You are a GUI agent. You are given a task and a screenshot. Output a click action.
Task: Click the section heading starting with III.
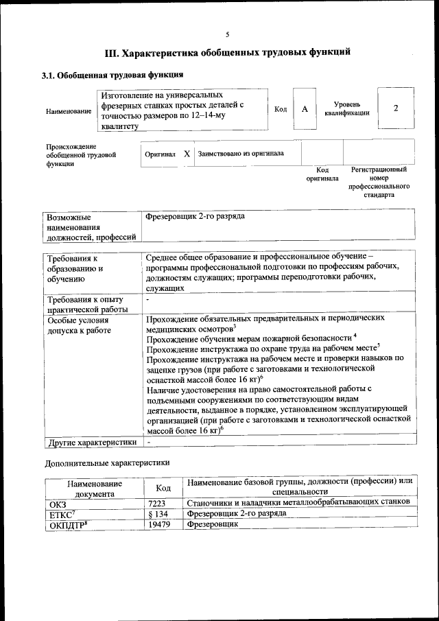pyautogui.click(x=228, y=52)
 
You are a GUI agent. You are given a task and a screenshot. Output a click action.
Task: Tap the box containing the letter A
pyautogui.click(x=305, y=109)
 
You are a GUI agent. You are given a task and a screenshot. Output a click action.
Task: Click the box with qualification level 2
pyautogui.click(x=396, y=109)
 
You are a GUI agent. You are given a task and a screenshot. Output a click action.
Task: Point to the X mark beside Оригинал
pyautogui.click(x=187, y=154)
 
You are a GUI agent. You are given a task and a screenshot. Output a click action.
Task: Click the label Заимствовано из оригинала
pyautogui.click(x=241, y=154)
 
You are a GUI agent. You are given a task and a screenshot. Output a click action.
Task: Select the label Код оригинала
pyautogui.click(x=322, y=174)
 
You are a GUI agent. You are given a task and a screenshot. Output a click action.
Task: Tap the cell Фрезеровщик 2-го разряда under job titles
pyautogui.click(x=195, y=217)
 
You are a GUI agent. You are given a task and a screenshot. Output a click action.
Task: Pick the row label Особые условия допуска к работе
pyautogui.click(x=78, y=325)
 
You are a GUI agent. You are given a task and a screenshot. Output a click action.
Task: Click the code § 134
pyautogui.click(x=158, y=513)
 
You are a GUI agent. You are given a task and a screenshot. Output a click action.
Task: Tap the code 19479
pyautogui.click(x=159, y=525)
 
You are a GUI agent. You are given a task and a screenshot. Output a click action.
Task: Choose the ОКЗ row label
pyautogui.click(x=58, y=503)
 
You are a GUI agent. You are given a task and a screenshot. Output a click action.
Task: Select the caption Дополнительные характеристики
pyautogui.click(x=107, y=463)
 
